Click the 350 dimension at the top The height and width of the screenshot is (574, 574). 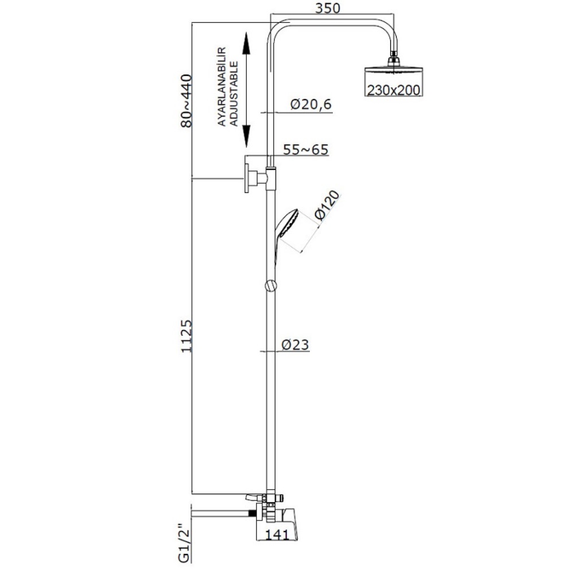pos(328,8)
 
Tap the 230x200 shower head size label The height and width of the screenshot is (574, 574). pos(394,90)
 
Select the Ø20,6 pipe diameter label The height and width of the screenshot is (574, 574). pos(311,104)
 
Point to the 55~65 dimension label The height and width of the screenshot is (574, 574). pos(306,149)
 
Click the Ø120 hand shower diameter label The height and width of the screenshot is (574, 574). pos(327,205)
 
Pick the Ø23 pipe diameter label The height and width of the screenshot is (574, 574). pos(295,344)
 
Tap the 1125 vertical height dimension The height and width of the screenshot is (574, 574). pos(187,336)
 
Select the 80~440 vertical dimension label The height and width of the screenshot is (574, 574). pos(187,100)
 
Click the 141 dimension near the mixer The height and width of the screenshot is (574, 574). pos(277,534)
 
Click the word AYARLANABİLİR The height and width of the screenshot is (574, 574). pos(222,87)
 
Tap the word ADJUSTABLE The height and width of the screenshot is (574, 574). pos(233,94)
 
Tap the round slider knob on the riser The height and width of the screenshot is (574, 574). pos(271,286)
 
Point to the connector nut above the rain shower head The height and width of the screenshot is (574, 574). pos(394,58)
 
